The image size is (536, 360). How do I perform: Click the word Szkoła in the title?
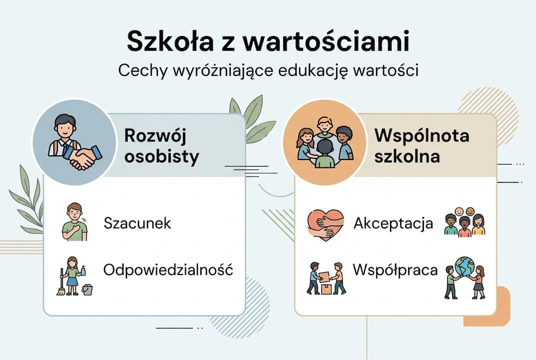click(168, 42)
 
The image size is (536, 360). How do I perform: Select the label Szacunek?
click(137, 223)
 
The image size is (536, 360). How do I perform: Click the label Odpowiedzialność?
click(168, 270)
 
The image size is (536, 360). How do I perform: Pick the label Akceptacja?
click(393, 223)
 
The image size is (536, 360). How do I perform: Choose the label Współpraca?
click(395, 270)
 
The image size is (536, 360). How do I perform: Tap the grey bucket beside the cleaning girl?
click(87, 288)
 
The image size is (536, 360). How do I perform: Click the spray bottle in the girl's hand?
click(83, 270)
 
